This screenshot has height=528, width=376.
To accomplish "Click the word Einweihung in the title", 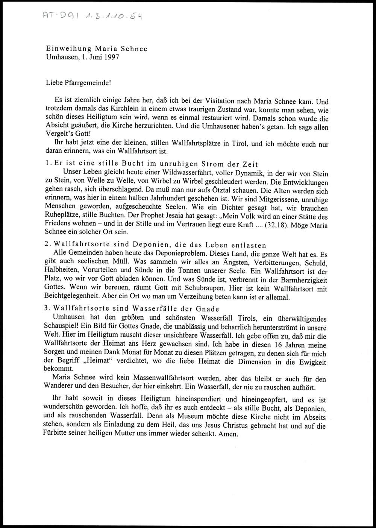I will point(68,49).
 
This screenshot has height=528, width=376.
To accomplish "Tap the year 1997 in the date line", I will point(111,58).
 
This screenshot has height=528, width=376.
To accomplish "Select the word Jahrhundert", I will point(149,199).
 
